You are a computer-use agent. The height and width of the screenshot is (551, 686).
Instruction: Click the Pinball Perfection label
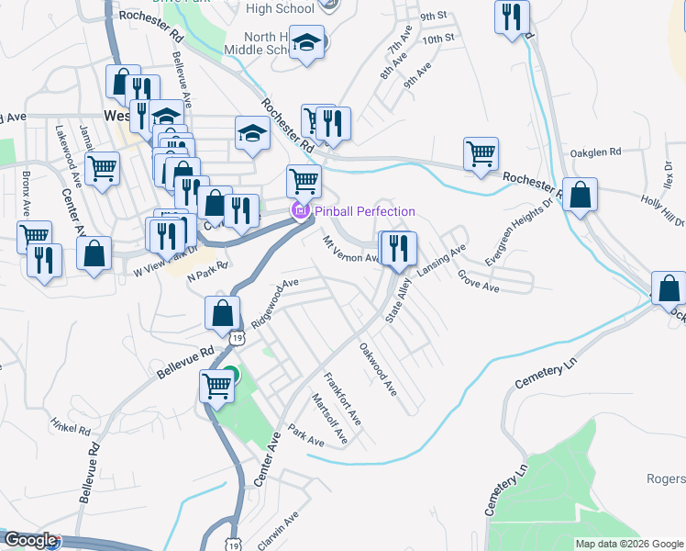pos(365,211)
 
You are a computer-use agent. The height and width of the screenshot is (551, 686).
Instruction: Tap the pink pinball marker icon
pos(300,211)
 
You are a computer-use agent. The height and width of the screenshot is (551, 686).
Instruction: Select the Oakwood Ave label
pos(378,370)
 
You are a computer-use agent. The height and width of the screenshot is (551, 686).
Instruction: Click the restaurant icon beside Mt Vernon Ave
pos(398,248)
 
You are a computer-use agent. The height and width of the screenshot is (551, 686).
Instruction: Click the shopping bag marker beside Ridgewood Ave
pos(222,313)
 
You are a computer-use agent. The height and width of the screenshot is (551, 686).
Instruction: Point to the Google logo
pos(30,541)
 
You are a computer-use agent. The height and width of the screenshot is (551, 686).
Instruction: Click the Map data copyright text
pos(629,544)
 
